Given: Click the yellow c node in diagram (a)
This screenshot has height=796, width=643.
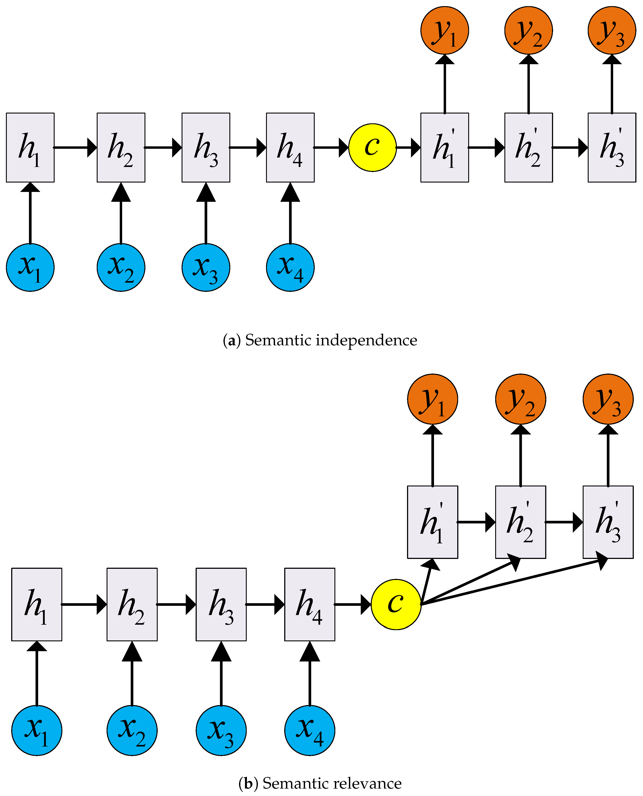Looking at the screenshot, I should pyautogui.click(x=372, y=147).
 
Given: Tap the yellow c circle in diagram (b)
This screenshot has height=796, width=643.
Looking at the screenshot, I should pyautogui.click(x=396, y=604).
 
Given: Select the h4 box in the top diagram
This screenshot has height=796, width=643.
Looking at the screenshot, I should pyautogui.click(x=290, y=147).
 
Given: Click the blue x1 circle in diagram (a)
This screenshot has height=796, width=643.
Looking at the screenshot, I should pyautogui.click(x=30, y=267).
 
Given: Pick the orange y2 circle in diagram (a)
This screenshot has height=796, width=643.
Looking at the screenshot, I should pyautogui.click(x=528, y=30).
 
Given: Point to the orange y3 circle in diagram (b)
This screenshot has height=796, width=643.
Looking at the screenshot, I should pyautogui.click(x=608, y=399).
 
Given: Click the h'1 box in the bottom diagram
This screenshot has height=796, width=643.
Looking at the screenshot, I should pyautogui.click(x=432, y=522).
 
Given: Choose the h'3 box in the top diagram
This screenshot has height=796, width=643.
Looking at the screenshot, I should pyautogui.click(x=611, y=147).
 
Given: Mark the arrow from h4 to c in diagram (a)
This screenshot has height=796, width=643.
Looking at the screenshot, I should pyautogui.click(x=331, y=147).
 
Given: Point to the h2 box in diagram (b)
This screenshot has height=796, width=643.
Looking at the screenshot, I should pyautogui.click(x=132, y=604).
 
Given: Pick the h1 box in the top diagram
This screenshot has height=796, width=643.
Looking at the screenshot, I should pyautogui.click(x=30, y=147).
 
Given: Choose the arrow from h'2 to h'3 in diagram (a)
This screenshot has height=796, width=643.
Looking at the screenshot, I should pyautogui.click(x=570, y=147).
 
